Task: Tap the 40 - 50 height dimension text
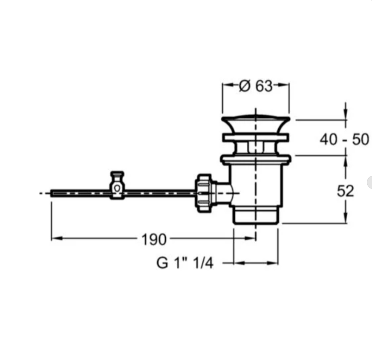coord(344,139)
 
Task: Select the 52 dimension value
coord(346,191)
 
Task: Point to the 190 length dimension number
coord(154,239)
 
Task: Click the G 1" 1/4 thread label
coord(185,263)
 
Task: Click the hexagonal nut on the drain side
coord(203,193)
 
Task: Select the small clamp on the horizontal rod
coord(117,185)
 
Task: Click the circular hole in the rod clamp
coord(117,188)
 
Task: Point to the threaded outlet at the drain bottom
coord(256,215)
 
